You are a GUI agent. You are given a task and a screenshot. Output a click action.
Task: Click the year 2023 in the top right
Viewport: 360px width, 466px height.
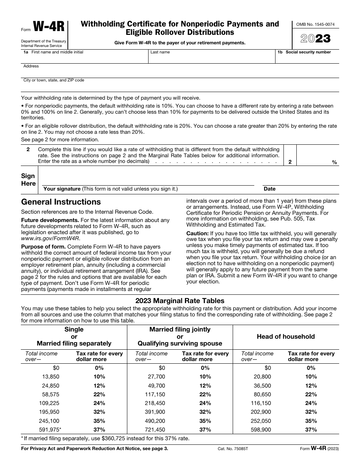(315, 39)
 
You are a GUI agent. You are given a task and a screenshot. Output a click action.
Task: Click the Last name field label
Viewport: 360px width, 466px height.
(160, 52)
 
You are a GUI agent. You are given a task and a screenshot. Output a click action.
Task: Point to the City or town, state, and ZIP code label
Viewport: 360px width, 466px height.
(54, 80)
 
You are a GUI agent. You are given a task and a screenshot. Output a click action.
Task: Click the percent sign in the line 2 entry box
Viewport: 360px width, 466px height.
(334, 162)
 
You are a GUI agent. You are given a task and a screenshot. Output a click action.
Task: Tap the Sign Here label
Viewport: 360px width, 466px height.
(28, 180)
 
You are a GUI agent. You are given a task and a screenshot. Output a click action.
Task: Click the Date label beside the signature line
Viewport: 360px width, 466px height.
(269, 189)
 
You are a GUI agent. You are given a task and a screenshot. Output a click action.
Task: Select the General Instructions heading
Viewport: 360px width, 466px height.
(61, 202)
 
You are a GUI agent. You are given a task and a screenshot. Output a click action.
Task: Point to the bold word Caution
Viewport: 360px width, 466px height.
(197, 233)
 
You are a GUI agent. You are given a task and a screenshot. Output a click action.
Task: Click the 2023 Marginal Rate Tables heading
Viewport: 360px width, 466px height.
(180, 301)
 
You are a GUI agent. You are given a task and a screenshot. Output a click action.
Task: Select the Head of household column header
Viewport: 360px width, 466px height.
(286, 336)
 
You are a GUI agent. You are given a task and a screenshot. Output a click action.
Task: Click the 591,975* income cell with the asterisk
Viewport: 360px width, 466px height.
(50, 430)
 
